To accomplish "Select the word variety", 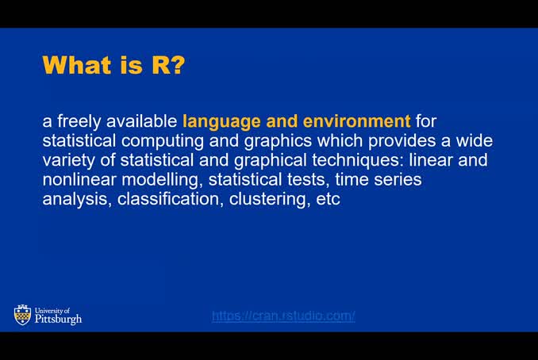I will coord(69,160).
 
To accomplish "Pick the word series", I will coord(395,180).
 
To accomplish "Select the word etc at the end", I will coord(328,199).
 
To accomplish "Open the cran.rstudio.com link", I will coord(283,316).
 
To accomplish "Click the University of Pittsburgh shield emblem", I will coord(22,316).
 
